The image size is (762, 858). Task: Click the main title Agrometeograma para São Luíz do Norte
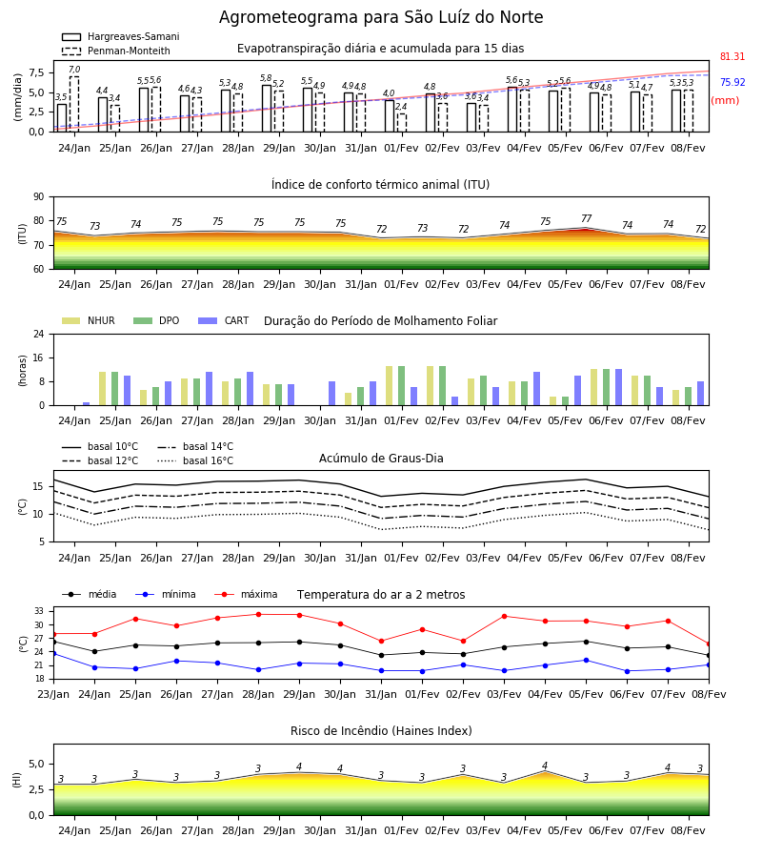[x=381, y=17]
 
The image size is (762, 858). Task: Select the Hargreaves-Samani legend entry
[x=121, y=36]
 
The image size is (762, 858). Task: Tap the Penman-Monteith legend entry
[x=116, y=51]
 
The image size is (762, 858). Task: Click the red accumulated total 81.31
[x=732, y=56]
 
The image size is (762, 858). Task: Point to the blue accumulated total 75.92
[x=732, y=82]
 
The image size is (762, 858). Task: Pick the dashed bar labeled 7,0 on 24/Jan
[x=74, y=104]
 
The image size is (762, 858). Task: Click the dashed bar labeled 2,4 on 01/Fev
[x=402, y=123]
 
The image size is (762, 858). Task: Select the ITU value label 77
[x=587, y=218]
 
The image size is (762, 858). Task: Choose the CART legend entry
[x=224, y=320]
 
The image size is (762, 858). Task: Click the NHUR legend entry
[x=89, y=320]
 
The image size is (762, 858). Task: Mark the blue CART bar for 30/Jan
[x=331, y=394]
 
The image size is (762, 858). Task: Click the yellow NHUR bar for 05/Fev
[x=553, y=401]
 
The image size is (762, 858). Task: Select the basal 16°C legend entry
[x=195, y=460]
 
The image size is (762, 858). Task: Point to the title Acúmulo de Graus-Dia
[x=381, y=458]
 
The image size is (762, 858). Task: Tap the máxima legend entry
[x=247, y=594]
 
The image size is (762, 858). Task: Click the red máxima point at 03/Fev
[x=504, y=616]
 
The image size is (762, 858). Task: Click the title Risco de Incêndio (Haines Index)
[x=381, y=731]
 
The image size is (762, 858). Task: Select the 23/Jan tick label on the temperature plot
[x=53, y=694]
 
